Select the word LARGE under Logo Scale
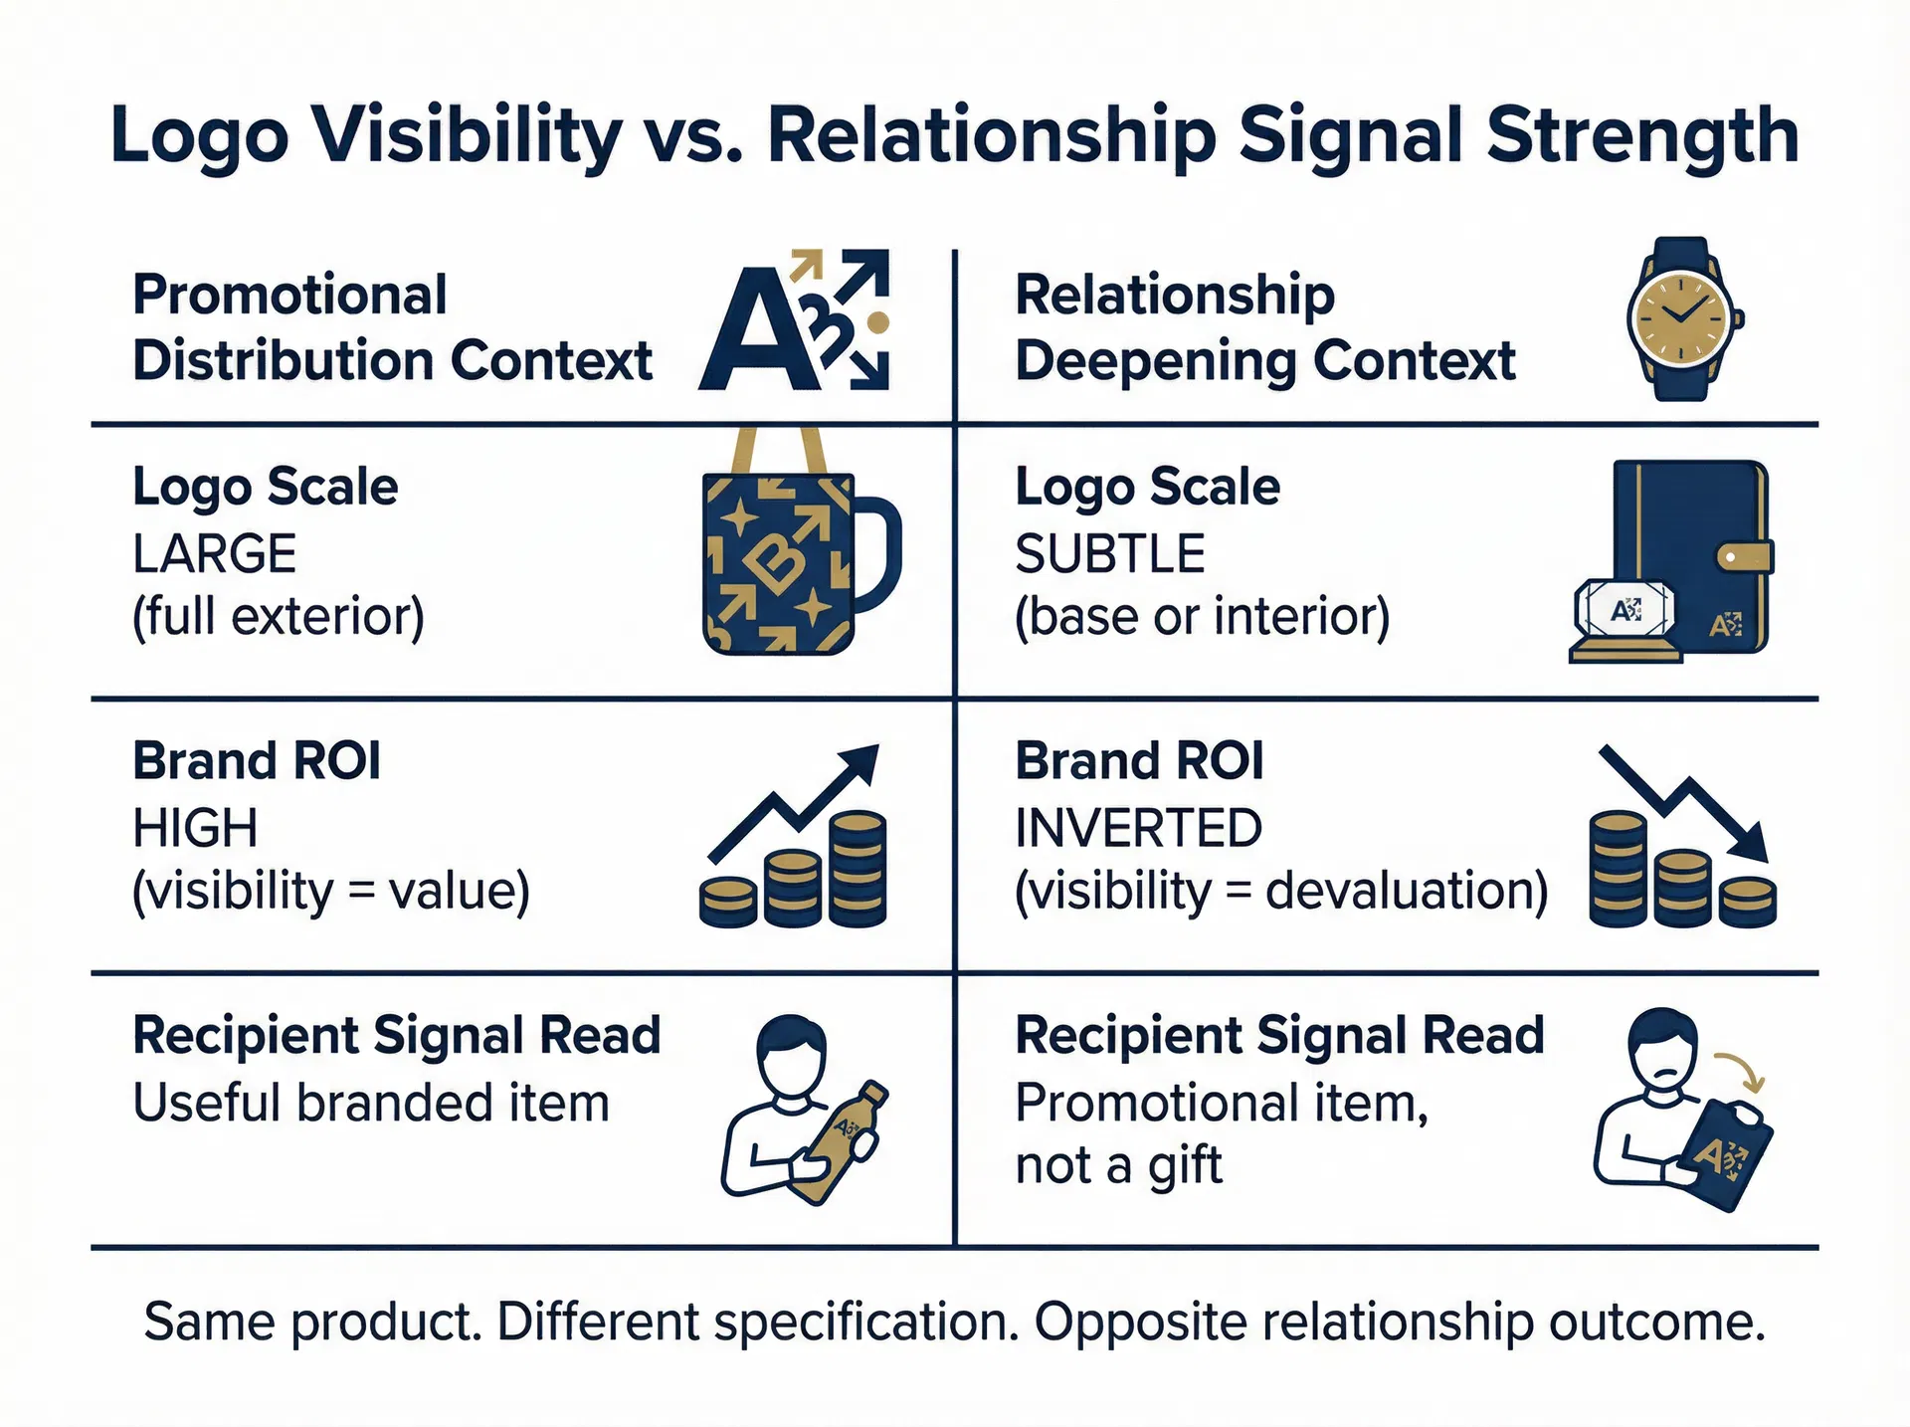click(214, 553)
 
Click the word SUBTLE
click(1109, 553)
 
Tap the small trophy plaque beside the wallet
click(1625, 619)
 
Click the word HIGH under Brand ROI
click(195, 828)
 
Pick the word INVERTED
click(1138, 828)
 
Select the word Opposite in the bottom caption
click(1140, 1322)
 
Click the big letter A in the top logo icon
click(756, 338)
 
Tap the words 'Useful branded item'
click(371, 1103)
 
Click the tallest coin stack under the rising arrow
click(858, 868)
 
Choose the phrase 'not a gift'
click(1118, 1164)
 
